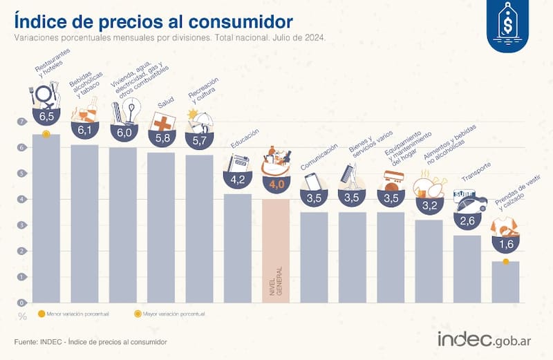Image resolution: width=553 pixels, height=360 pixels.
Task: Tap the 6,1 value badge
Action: click(x=84, y=129)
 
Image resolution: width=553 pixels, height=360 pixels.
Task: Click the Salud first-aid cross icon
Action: click(x=162, y=122)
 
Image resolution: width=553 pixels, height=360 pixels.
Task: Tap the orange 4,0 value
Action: click(x=276, y=184)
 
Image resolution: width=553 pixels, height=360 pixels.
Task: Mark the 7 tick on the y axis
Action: click(x=22, y=122)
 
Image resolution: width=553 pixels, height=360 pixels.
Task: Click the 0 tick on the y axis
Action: click(x=22, y=302)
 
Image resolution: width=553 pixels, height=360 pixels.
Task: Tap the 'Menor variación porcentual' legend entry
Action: click(x=69, y=314)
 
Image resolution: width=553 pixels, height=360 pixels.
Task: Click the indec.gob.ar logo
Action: click(x=485, y=340)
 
